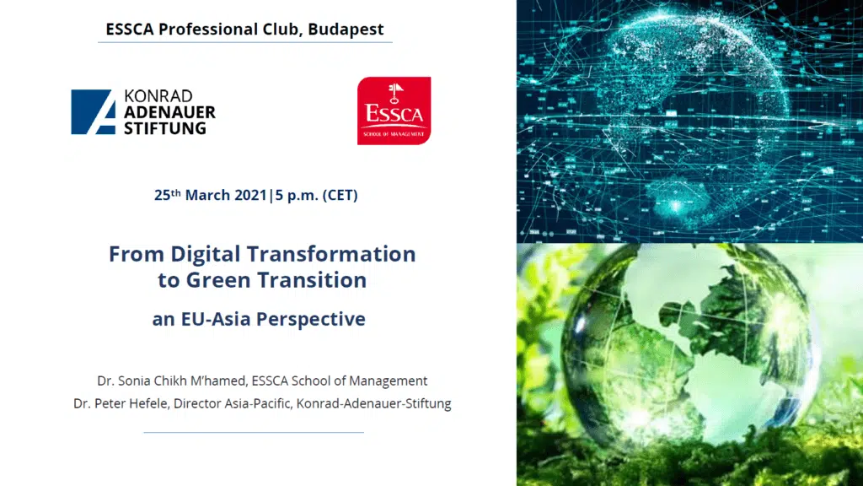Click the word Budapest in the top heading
[346, 30]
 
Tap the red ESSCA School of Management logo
[394, 111]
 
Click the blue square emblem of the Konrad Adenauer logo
[94, 112]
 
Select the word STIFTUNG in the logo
[164, 128]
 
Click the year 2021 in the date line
[250, 195]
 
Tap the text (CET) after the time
[340, 195]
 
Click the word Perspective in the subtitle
[311, 319]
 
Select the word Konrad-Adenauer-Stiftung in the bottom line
[373, 403]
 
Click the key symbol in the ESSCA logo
[394, 93]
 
